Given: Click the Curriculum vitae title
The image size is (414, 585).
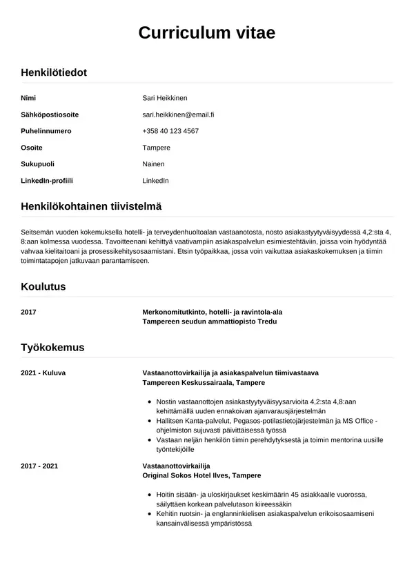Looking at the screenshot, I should [x=207, y=32].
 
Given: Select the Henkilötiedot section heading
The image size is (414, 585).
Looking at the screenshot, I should [x=54, y=72].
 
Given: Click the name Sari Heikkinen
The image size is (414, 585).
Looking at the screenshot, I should [x=165, y=98].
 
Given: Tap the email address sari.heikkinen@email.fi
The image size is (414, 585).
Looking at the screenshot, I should [x=178, y=115].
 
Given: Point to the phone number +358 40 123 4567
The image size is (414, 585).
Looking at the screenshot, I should [x=170, y=131].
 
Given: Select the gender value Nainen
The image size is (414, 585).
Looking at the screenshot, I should [x=153, y=164].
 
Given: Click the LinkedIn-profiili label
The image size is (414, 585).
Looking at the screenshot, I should [x=47, y=181].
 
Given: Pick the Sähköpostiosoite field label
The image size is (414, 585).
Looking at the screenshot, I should [x=50, y=115].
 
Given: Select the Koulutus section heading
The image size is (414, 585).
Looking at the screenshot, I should [x=43, y=286].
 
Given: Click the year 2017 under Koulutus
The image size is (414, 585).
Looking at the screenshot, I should [x=29, y=312].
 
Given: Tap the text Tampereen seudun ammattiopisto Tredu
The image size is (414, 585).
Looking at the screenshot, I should [x=212, y=321].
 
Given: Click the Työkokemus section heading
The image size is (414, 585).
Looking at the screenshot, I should [x=52, y=347].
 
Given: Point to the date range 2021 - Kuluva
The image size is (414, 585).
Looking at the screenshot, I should [x=43, y=373].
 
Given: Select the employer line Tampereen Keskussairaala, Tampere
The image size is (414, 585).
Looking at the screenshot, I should [x=204, y=382].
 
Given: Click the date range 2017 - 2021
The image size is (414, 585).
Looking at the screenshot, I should [x=39, y=466].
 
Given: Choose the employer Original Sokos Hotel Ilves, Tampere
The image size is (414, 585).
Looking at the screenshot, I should [x=201, y=476].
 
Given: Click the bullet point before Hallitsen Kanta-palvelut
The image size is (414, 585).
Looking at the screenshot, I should [x=150, y=421].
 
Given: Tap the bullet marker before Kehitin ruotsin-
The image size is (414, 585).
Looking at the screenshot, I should [x=150, y=515].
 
